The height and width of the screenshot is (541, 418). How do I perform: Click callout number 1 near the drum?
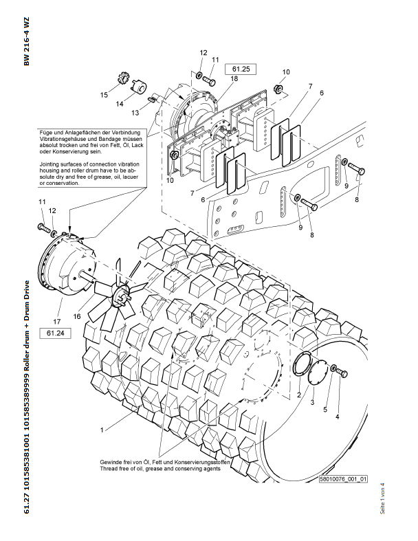coord(101,430)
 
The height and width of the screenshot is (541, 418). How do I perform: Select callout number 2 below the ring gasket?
coord(299,395)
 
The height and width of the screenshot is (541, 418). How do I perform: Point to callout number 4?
coord(337,416)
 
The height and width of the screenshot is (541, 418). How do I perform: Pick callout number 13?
coord(135,112)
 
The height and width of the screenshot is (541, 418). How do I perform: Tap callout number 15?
coord(104,94)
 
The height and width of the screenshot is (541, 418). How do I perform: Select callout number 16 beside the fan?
coord(77,315)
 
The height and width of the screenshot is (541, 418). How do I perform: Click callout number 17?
coord(56,320)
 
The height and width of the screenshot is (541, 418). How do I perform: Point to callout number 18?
coord(235,80)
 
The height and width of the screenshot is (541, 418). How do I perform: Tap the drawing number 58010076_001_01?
coord(344,479)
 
